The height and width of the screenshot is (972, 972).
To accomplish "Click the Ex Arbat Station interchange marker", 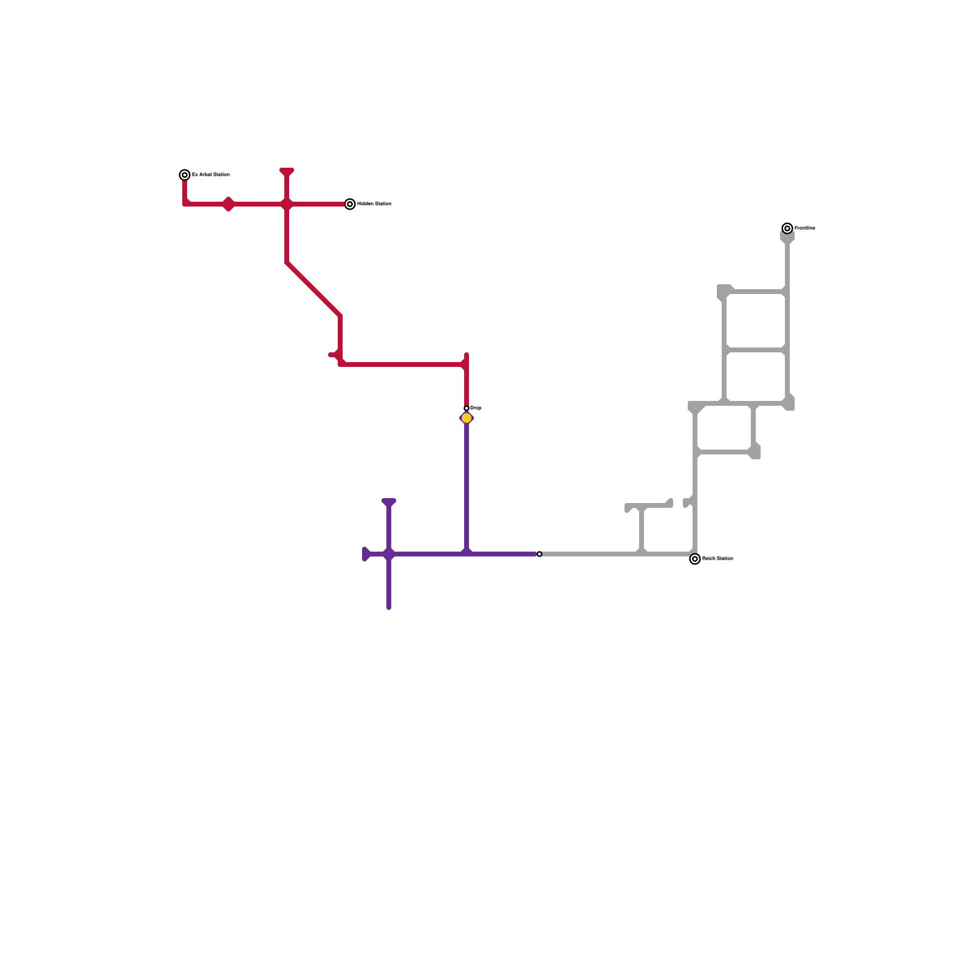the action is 185,175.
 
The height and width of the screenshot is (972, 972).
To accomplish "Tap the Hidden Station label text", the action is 374,204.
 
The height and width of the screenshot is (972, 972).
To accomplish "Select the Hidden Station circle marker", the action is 350,204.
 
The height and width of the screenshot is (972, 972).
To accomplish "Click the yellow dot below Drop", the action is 467,418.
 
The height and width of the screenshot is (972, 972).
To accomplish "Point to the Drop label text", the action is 476,408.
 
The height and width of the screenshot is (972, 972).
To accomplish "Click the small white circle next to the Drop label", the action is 467,408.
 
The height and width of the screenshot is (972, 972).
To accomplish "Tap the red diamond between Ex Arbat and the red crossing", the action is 228,204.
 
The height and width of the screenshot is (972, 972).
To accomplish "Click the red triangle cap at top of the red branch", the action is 287,172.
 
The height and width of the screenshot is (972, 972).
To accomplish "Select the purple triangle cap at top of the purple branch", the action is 389,502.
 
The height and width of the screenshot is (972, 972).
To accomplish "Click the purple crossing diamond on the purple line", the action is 389,554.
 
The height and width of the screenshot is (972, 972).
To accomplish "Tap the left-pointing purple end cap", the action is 366,554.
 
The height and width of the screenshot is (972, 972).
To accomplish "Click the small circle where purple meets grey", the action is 539,554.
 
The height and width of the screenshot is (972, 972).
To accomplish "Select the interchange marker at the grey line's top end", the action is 787,228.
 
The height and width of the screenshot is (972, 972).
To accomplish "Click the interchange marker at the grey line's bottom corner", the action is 695,559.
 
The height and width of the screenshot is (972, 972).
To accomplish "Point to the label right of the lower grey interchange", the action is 717,558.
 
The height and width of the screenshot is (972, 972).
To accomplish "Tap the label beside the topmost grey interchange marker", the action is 804,228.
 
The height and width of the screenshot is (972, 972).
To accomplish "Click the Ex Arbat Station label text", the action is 210,174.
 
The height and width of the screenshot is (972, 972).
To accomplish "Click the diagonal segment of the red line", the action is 313,289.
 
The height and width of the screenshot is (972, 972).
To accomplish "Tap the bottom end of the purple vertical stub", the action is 389,606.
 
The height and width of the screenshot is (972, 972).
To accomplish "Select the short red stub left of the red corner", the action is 332,355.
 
